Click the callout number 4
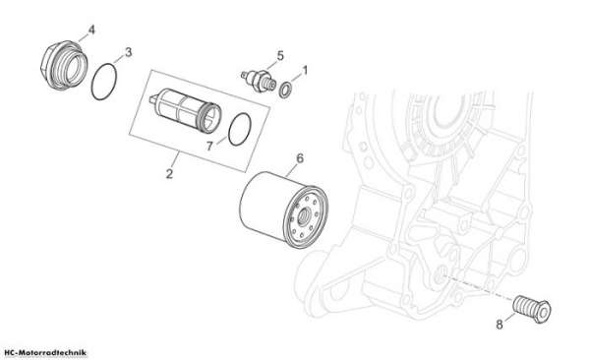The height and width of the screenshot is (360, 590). tap(91, 30)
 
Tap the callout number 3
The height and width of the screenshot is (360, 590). tap(128, 52)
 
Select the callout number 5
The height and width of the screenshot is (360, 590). tap(280, 56)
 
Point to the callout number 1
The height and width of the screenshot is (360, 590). tap(305, 71)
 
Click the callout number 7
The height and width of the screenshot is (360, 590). tap(210, 147)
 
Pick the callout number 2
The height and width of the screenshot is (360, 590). tap(169, 174)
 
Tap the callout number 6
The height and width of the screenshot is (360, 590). tap(300, 158)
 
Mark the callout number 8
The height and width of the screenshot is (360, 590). tap(500, 325)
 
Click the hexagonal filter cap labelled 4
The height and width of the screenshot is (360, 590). tap(64, 65)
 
